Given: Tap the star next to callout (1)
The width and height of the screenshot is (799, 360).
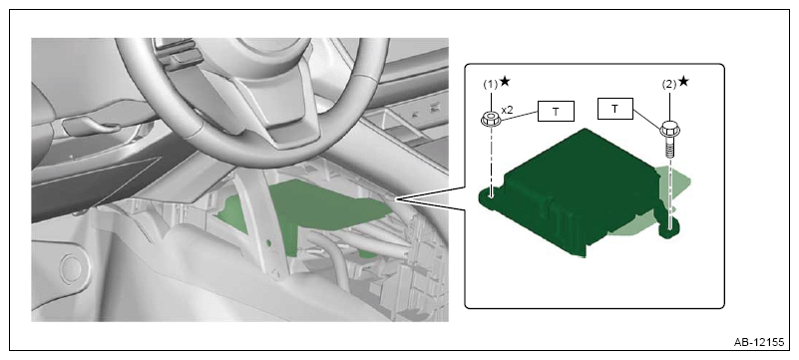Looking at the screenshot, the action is (504, 82).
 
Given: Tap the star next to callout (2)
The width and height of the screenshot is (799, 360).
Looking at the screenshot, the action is (683, 82).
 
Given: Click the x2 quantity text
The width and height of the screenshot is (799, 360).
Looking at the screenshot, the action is (508, 110).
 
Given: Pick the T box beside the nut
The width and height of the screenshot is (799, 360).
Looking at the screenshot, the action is (555, 111).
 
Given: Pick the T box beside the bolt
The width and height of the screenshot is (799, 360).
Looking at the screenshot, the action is (614, 108).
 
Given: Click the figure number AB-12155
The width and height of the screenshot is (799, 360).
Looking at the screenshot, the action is (758, 342).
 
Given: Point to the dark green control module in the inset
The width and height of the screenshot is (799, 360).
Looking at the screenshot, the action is (577, 191).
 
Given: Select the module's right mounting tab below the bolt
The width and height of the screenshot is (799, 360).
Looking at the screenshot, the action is (670, 230).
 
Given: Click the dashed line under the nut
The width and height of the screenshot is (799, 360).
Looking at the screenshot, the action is (491, 160).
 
